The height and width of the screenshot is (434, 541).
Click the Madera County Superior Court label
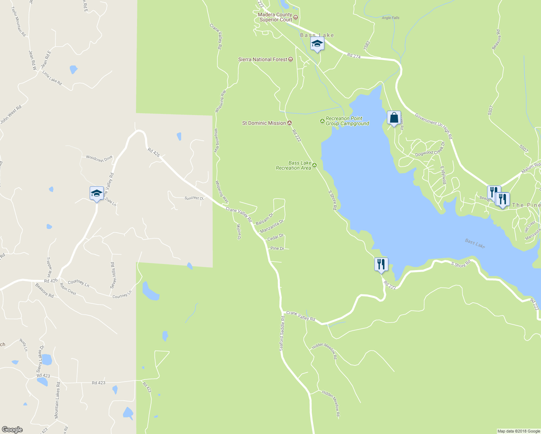(276, 17)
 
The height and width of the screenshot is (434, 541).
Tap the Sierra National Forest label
(263, 59)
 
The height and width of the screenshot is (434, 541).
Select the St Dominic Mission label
(264, 123)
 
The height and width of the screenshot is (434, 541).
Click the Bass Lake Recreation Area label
(294, 165)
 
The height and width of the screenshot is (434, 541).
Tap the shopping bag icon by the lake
(394, 118)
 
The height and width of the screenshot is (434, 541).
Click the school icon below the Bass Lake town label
(317, 44)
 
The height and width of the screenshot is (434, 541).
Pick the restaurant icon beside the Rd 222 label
(381, 264)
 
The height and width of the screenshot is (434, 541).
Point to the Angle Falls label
(391, 18)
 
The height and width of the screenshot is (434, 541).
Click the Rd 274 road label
(354, 56)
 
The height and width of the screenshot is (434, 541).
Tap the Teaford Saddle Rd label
(282, 333)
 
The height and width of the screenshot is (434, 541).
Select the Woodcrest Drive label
(99, 158)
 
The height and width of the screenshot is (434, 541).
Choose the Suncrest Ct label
(194, 198)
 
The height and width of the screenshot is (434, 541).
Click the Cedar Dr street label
(275, 238)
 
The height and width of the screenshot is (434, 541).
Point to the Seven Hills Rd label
(112, 275)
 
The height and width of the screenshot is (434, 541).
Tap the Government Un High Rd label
(433, 126)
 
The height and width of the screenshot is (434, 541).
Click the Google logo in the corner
(12, 429)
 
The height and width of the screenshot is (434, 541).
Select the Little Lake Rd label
(52, 78)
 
